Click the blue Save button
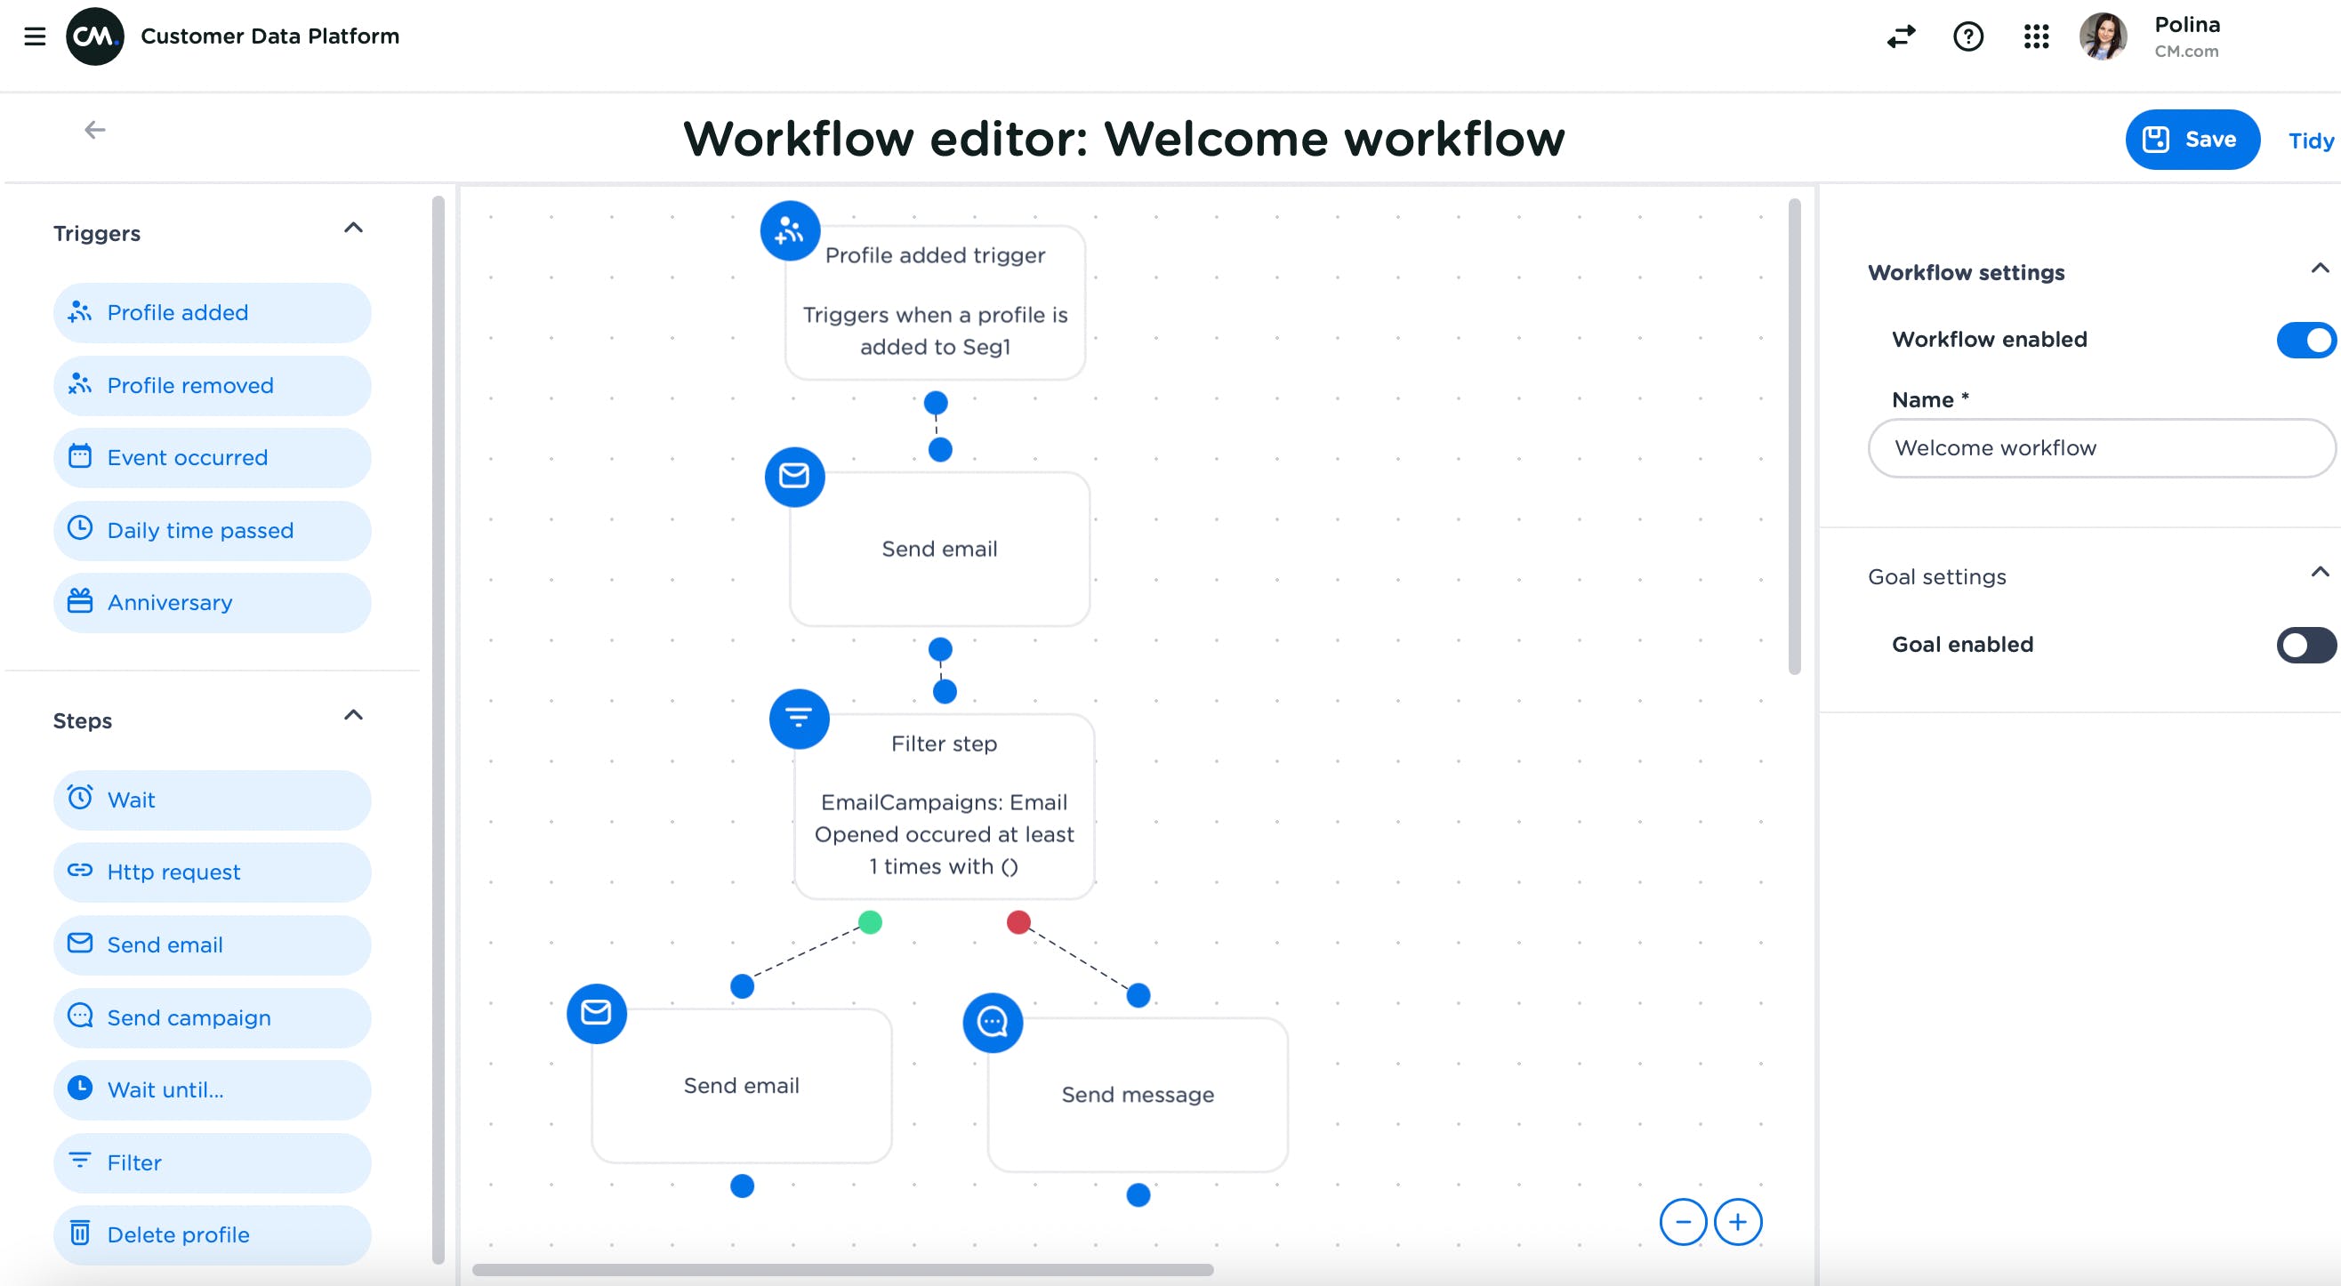(x=2191, y=139)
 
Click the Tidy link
(x=2309, y=141)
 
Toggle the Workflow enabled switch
(x=2305, y=340)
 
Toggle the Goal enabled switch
(x=2305, y=646)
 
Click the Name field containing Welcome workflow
(x=2099, y=448)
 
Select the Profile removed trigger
(x=212, y=385)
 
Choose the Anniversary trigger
(x=212, y=603)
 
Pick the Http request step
(x=212, y=872)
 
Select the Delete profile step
(x=212, y=1235)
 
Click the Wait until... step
(x=212, y=1089)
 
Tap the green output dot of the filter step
(x=870, y=922)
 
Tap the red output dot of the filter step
(x=1018, y=922)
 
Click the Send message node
(x=1137, y=1094)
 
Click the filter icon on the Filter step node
(x=799, y=719)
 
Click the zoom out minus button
(x=1682, y=1222)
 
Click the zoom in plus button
(x=1738, y=1222)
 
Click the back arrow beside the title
(x=94, y=130)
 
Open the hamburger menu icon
(x=35, y=36)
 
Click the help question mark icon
(x=1967, y=36)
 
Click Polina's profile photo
(x=2102, y=36)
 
